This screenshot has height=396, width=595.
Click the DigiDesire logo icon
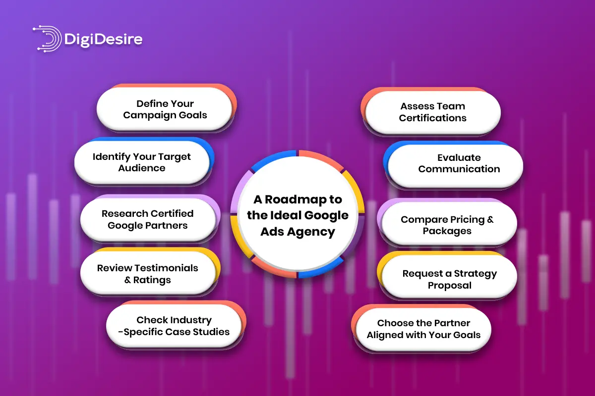coord(48,38)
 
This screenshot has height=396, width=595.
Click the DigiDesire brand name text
coord(103,39)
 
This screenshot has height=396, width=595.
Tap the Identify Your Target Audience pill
coord(142,162)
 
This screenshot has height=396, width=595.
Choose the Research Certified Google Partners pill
coord(148,220)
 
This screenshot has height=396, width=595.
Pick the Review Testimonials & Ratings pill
coord(148,274)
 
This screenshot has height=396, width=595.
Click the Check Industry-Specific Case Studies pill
coord(174,326)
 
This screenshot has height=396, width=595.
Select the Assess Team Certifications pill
coord(432,112)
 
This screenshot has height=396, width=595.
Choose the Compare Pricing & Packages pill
coord(447,225)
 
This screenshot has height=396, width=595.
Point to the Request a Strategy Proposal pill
coord(449,279)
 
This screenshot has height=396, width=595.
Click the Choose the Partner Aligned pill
coord(423,329)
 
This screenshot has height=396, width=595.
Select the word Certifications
coord(432,118)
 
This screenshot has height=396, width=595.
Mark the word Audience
coord(142,168)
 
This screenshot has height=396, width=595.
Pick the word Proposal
coord(449,285)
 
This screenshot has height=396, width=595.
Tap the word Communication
coord(459,169)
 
